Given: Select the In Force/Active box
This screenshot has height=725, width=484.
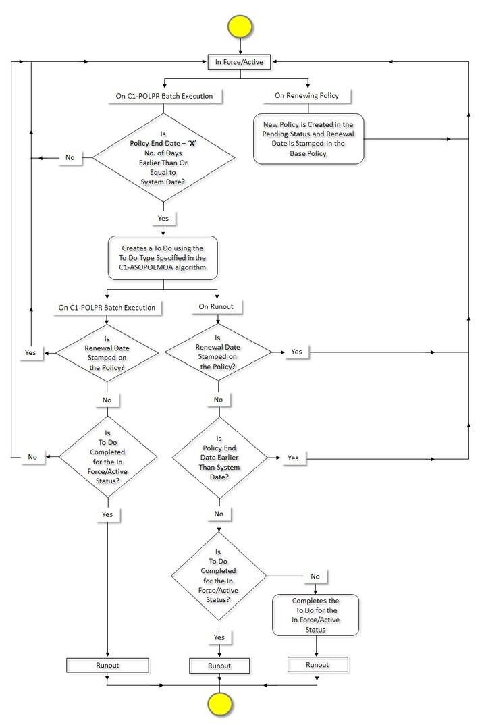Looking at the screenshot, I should (x=240, y=62).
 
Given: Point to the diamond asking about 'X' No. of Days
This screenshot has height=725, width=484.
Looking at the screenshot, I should (x=163, y=158).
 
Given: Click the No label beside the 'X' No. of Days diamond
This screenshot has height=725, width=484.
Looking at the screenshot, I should (x=70, y=157).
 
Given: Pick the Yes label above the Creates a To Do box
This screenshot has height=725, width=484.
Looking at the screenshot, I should (x=163, y=219).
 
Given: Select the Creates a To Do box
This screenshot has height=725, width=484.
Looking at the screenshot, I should (x=163, y=258).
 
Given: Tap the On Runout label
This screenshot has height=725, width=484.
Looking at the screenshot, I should (x=217, y=307).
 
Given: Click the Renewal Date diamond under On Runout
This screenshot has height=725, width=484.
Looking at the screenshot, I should (x=218, y=352).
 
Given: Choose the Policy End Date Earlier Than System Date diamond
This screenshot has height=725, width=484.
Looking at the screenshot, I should (x=218, y=458).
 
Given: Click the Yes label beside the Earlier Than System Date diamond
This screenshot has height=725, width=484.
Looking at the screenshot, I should (x=293, y=458).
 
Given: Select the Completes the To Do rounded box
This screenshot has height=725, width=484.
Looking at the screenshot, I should (x=316, y=614).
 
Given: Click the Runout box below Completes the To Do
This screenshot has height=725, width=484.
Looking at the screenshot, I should (x=317, y=664).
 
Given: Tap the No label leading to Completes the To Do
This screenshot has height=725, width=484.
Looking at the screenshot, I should (x=315, y=576).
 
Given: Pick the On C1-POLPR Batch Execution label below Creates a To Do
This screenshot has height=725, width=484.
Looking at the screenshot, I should (x=107, y=307).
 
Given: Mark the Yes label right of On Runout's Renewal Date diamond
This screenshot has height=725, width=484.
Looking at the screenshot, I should (x=296, y=352).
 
